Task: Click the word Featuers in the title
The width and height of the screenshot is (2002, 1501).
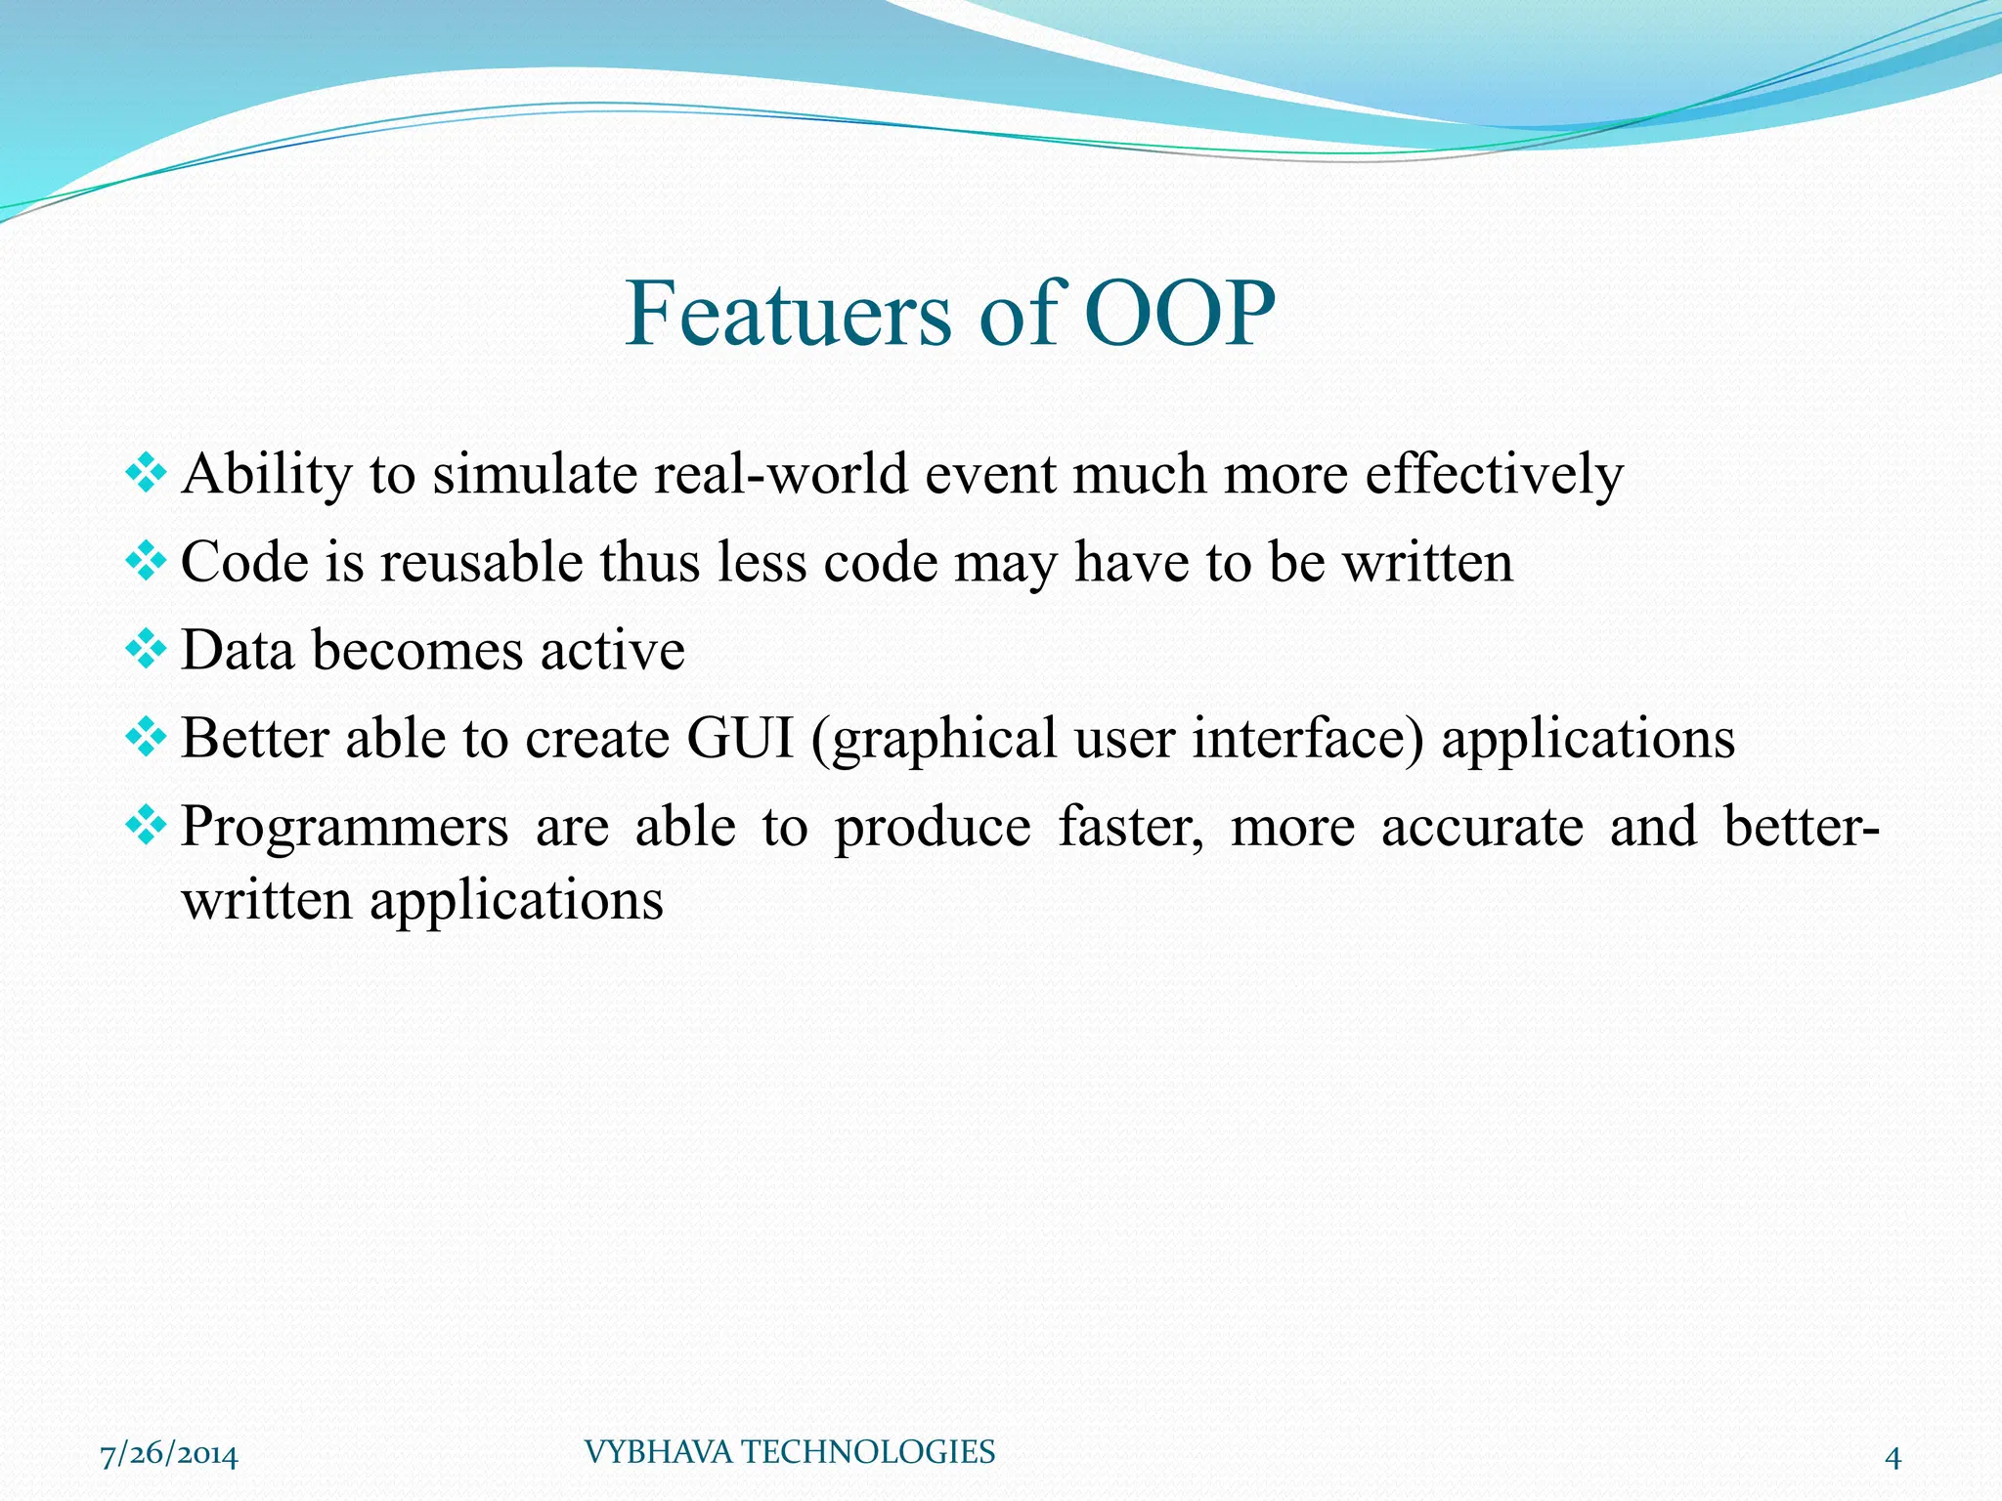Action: coord(788,314)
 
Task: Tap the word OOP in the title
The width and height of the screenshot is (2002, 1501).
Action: coord(1179,314)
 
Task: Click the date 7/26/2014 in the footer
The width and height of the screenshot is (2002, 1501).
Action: coord(169,1456)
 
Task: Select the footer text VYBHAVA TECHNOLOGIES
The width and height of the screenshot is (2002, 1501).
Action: coord(789,1452)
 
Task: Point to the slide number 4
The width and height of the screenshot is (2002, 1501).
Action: coord(1893,1458)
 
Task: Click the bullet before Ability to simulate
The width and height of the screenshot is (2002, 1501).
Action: coord(146,473)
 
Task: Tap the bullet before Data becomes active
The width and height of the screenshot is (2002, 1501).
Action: coord(146,649)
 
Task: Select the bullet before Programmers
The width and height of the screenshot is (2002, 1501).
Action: coord(146,826)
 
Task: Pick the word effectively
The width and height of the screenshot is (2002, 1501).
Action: coord(1494,475)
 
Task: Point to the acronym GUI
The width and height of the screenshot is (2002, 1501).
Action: coord(739,739)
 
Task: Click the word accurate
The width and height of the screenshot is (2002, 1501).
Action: coord(1482,827)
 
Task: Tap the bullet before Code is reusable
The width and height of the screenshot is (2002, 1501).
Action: coord(146,561)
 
